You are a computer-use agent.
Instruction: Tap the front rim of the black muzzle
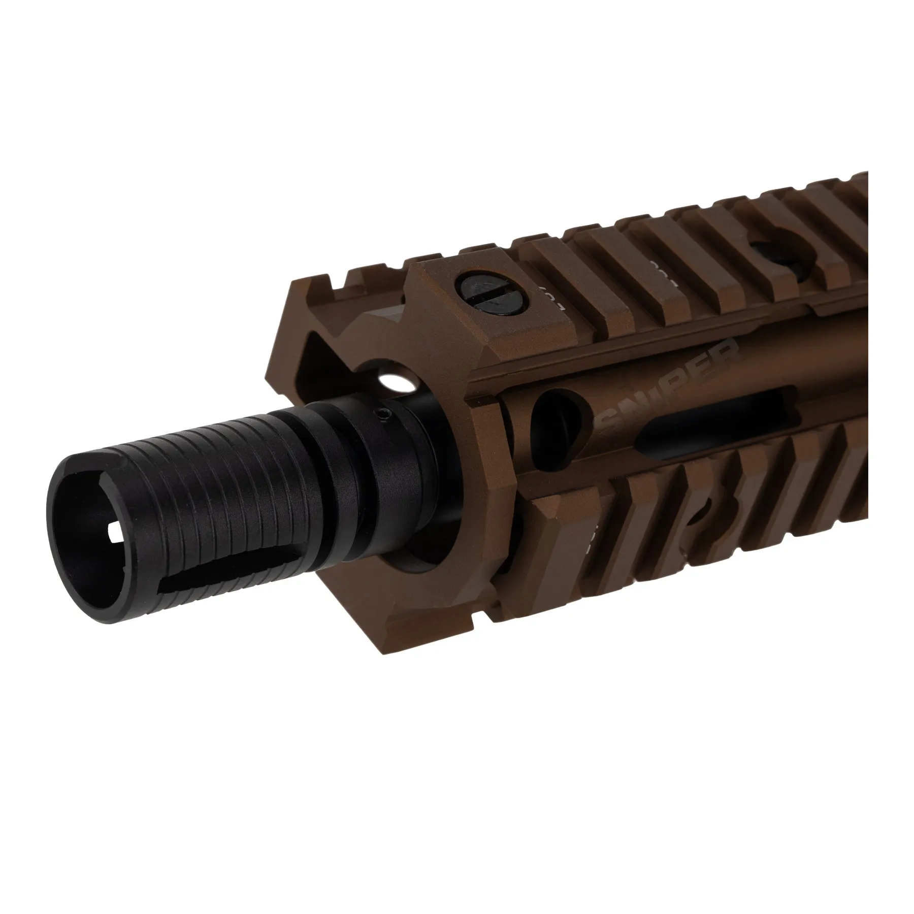pos(61,528)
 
